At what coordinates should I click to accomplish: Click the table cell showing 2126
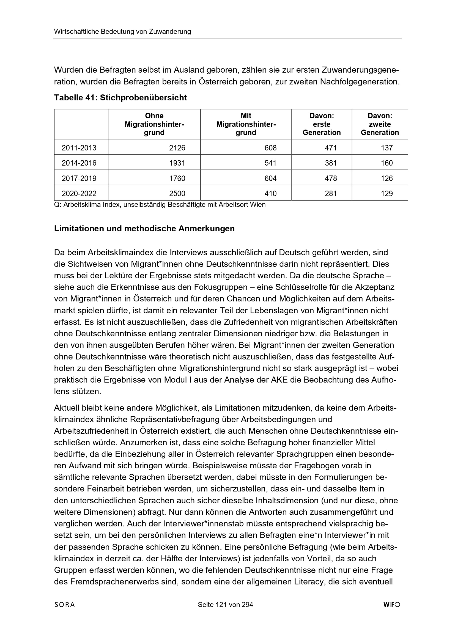point(177,148)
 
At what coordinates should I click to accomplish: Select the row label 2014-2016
point(79,163)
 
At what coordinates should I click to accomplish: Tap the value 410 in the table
point(270,194)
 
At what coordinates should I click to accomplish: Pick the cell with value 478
point(331,178)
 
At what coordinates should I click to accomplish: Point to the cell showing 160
point(387,163)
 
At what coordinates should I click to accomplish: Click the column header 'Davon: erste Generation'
point(322,124)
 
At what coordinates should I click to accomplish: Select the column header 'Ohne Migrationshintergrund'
point(154,124)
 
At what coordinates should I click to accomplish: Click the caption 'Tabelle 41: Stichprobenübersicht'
point(120,98)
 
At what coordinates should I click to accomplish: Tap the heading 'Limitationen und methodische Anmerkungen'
point(144,229)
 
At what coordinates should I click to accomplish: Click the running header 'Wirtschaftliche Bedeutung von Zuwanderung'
point(122,32)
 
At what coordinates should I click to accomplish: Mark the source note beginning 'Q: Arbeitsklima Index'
point(160,205)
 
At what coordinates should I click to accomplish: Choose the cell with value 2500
point(177,194)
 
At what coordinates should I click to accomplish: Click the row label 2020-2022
point(79,194)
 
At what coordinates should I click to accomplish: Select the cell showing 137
point(387,148)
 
